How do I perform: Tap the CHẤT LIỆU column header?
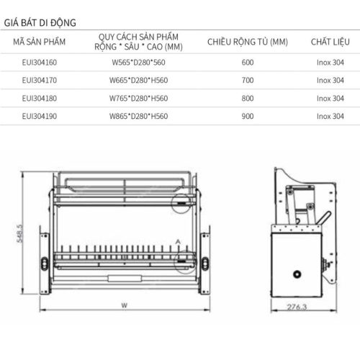[330, 42]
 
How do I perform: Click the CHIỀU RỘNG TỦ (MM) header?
[248, 42]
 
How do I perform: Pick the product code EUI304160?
[40, 63]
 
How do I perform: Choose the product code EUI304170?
[40, 80]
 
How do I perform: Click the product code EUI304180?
[40, 97]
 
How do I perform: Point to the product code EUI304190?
[40, 114]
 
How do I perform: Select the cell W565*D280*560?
[138, 63]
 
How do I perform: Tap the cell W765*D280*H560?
[138, 97]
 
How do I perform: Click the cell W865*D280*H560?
[138, 114]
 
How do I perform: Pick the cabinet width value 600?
[248, 63]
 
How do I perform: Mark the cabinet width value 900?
[248, 114]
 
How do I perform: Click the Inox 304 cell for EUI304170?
[330, 80]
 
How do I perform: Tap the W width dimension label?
[123, 305]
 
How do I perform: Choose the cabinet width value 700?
[248, 80]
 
